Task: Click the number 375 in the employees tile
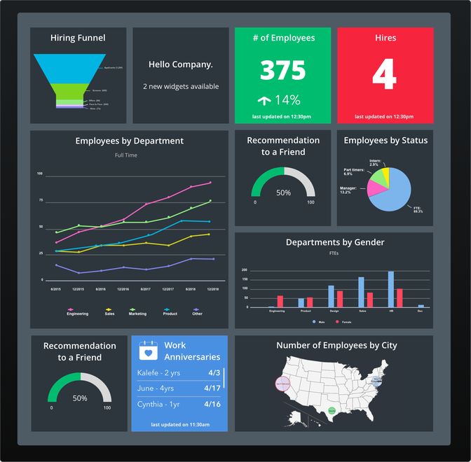coord(282,71)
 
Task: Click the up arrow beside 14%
coord(264,100)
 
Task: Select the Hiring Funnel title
coord(78,38)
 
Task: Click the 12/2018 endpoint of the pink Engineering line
coord(210,183)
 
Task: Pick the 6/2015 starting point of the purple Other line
coord(56,265)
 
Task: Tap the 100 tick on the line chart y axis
coord(40,174)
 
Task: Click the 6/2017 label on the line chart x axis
coord(145,288)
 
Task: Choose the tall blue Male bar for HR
coord(390,289)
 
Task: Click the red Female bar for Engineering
coord(280,301)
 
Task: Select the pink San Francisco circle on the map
coord(282,384)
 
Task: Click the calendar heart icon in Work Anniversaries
coord(148,351)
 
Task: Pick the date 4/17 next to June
coord(212,388)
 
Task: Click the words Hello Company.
coord(181,64)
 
